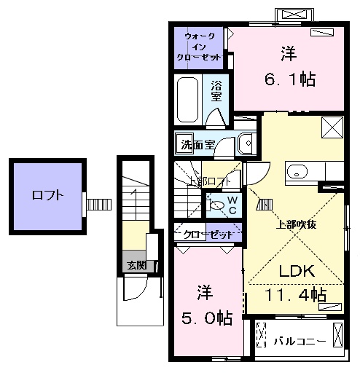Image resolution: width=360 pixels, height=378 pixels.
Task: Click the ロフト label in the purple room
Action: coord(47,195)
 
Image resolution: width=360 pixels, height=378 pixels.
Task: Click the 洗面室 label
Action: coord(195,144)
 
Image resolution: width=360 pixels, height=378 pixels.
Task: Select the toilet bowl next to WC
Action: coord(216,205)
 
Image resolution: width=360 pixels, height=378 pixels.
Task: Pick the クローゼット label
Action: coord(208,235)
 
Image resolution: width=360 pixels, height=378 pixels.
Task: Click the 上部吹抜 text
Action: coord(294,225)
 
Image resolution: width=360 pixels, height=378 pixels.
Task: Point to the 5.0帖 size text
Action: coord(207,318)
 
